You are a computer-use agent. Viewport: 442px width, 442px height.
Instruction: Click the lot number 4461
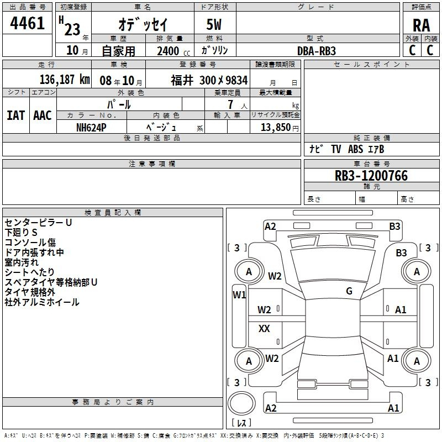click(27, 23)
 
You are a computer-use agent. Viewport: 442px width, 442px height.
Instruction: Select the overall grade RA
click(422, 25)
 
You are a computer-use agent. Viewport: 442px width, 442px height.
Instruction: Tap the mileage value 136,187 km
click(65, 80)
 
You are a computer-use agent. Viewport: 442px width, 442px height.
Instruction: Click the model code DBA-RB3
click(317, 51)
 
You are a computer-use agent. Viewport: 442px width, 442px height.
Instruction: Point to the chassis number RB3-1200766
click(371, 176)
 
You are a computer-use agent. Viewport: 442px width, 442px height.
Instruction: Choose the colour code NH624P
click(91, 128)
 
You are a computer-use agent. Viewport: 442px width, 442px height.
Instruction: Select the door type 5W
click(214, 24)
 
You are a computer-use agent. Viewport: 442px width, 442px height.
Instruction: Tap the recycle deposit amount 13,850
click(275, 128)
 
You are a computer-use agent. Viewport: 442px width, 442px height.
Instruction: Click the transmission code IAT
click(16, 115)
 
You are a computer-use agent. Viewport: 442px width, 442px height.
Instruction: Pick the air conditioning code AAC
click(43, 115)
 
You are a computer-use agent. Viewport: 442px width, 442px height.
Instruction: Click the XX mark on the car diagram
click(264, 328)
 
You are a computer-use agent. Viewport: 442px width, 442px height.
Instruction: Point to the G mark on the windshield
click(349, 291)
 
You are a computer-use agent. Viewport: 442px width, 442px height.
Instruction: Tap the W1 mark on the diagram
click(239, 295)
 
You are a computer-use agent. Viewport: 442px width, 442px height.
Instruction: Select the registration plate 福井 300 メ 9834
click(209, 80)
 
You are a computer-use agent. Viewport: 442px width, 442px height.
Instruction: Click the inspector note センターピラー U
click(38, 223)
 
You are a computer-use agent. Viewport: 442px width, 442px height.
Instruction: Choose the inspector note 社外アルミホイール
click(42, 302)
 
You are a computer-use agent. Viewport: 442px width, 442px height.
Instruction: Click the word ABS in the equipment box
click(355, 149)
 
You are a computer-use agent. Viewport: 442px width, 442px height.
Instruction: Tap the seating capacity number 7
click(230, 104)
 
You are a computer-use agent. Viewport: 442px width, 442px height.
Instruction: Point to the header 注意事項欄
click(152, 164)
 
